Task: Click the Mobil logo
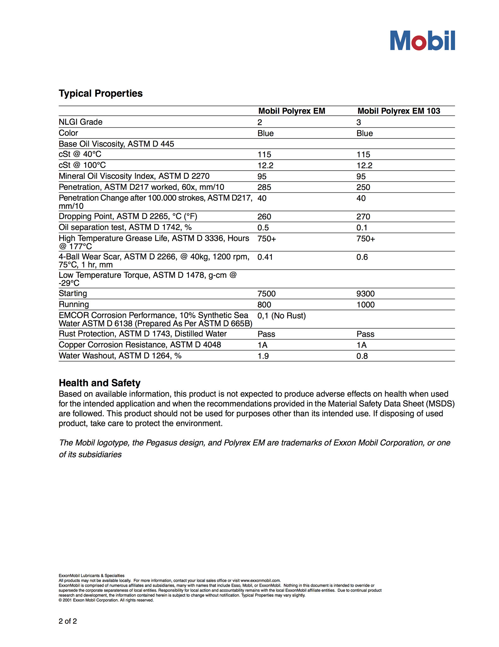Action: tap(422, 40)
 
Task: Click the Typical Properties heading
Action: tap(101, 94)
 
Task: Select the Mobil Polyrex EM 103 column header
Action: tap(399, 111)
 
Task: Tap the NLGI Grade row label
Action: tap(80, 122)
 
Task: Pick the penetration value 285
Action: tap(264, 187)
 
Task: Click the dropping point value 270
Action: tap(363, 217)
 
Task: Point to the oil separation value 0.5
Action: tap(263, 228)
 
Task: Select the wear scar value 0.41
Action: tap(265, 257)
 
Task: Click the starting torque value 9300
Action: tap(366, 294)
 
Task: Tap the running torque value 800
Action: tap(264, 305)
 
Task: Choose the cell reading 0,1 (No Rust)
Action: tap(282, 316)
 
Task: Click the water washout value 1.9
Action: tap(263, 356)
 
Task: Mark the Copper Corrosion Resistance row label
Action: tap(140, 345)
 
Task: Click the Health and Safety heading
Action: tap(99, 383)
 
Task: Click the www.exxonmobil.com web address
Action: tap(260, 580)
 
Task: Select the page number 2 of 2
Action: tap(68, 621)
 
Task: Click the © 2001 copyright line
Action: tap(106, 600)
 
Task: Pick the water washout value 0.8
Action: tap(362, 356)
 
